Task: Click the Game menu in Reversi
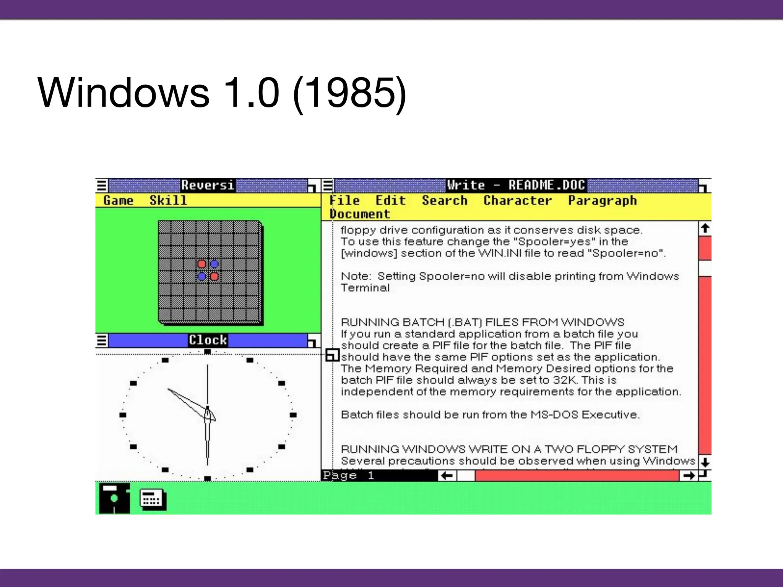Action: [118, 201]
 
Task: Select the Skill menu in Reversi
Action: [168, 201]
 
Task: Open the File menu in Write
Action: [345, 201]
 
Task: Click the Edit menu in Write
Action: [390, 201]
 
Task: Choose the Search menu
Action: [445, 201]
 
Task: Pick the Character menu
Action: [518, 201]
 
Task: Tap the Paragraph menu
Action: [603, 201]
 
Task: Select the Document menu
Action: [360, 214]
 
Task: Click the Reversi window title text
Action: [208, 185]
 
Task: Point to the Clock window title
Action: [208, 340]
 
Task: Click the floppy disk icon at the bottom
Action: [114, 498]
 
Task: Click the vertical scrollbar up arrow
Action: [705, 229]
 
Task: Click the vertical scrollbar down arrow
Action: [705, 462]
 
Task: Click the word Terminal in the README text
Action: [365, 288]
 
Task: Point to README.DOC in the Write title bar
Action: [547, 185]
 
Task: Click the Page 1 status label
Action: [348, 476]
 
